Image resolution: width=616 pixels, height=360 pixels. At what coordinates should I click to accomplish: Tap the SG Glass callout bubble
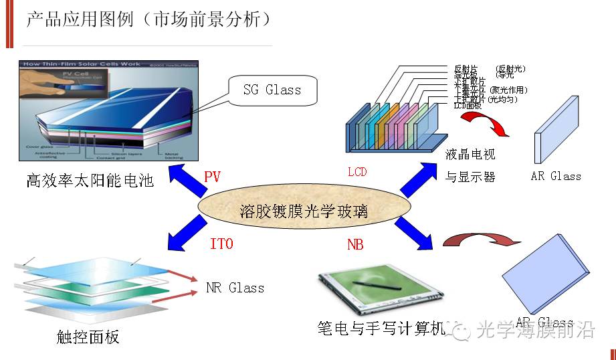(x=272, y=90)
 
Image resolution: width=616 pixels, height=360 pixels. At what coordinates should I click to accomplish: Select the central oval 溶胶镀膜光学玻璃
(x=304, y=212)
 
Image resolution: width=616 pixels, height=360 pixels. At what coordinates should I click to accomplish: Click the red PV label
(x=212, y=177)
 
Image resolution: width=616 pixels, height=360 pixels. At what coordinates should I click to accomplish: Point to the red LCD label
(x=357, y=172)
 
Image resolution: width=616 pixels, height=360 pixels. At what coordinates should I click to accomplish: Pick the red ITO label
(x=221, y=244)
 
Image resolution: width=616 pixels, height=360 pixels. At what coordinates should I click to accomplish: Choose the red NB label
(x=355, y=245)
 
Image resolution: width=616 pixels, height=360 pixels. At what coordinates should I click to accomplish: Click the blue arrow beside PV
(x=187, y=183)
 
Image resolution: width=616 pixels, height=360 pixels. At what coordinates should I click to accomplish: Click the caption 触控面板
(x=88, y=337)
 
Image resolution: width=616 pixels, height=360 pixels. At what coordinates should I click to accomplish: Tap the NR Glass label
(x=235, y=288)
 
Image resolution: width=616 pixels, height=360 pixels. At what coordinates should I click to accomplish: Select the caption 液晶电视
(x=471, y=155)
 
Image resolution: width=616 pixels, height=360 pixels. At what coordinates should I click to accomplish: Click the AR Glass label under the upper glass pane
(x=556, y=177)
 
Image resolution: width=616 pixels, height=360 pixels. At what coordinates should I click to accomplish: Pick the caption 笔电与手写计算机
(x=381, y=329)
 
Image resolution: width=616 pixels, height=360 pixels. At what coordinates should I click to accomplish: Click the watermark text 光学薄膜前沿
(x=535, y=330)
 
